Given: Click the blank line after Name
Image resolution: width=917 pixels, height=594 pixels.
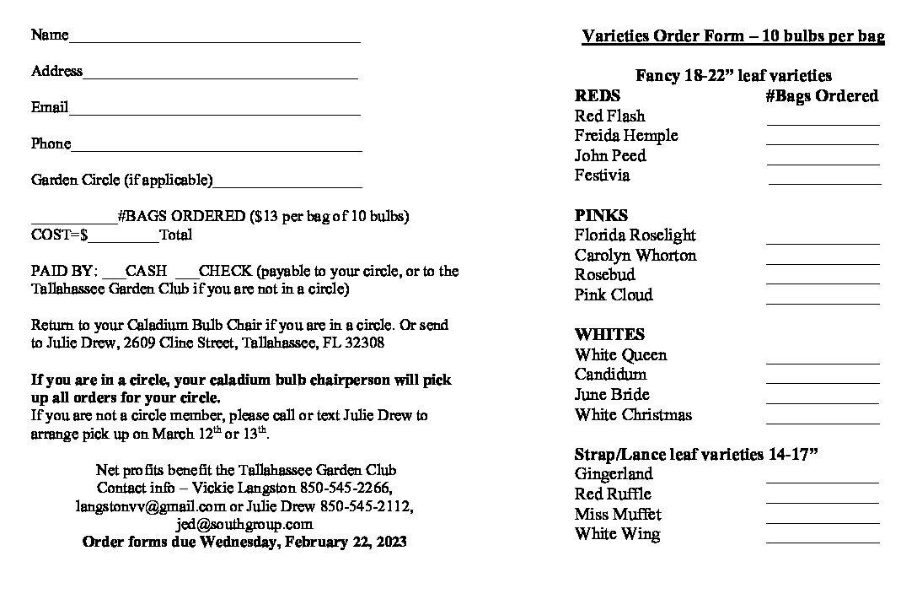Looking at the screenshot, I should [x=215, y=40].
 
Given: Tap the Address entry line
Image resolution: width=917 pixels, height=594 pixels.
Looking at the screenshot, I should [x=220, y=76].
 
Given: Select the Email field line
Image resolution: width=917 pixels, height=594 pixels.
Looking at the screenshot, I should [x=215, y=112].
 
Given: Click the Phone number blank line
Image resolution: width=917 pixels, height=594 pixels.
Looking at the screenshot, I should [x=217, y=149].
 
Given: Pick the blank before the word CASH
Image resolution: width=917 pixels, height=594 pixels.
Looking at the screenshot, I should [x=114, y=275].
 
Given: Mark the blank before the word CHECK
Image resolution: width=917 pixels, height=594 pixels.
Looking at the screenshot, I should [x=188, y=275].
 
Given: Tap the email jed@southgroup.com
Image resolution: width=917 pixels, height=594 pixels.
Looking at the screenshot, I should [x=244, y=524].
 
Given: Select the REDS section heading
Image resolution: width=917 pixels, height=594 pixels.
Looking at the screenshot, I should [x=597, y=96].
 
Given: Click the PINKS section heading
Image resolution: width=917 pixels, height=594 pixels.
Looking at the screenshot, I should [x=601, y=215].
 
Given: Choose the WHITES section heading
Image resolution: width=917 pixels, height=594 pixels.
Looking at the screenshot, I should [x=609, y=334].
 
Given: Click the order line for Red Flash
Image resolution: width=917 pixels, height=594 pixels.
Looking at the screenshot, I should [x=823, y=122].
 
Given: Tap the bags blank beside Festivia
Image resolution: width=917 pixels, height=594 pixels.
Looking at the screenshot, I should [x=824, y=181].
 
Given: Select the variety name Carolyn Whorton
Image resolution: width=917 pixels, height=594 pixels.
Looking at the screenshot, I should [x=635, y=255].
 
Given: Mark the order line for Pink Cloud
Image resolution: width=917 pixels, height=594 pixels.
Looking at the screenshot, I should [x=823, y=301].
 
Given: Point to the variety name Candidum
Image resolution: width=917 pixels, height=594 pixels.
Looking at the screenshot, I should [x=611, y=375].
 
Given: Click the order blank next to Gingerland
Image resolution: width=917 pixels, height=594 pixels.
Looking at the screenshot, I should [x=823, y=481].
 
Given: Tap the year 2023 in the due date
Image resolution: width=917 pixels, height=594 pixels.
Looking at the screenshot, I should [x=389, y=542].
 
